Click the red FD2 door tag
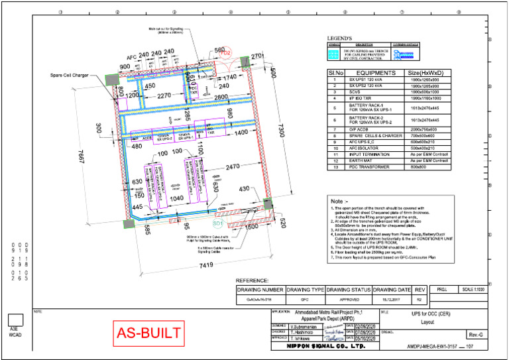pyautogui.click(x=225, y=52)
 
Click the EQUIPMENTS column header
pyautogui.click(x=376, y=72)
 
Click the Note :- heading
pyautogui.click(x=342, y=201)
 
